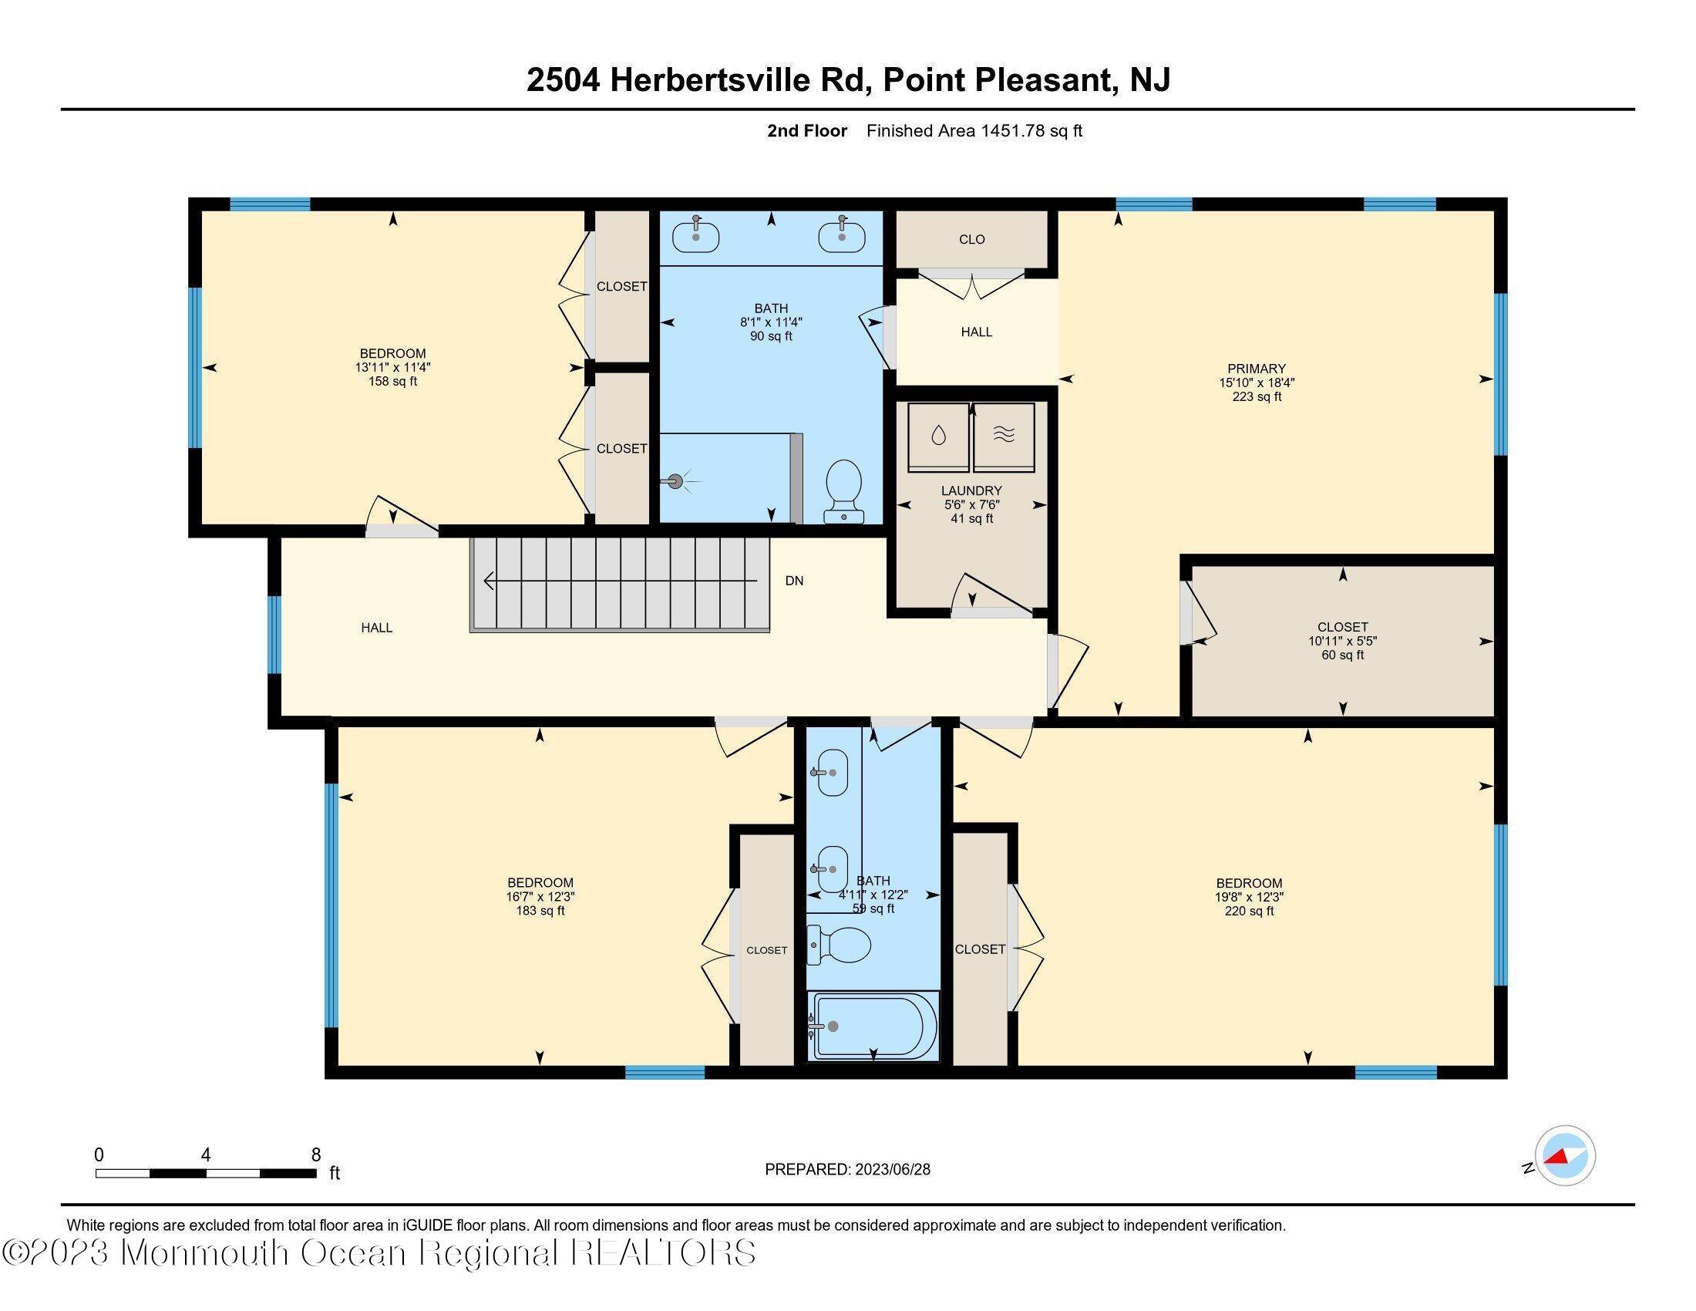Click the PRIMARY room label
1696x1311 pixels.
[1256, 368]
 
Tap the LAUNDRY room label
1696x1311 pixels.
[971, 490]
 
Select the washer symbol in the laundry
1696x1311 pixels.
[939, 436]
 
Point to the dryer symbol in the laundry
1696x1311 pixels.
[1003, 436]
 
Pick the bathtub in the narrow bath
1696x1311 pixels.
[873, 1025]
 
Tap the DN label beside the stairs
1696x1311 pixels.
[793, 580]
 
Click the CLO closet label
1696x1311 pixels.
[971, 239]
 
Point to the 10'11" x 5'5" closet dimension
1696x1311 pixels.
[1342, 641]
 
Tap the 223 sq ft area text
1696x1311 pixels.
[1256, 396]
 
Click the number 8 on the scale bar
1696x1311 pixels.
[316, 1155]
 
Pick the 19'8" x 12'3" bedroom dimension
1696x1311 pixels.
[1249, 896]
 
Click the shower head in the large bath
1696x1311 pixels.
[675, 481]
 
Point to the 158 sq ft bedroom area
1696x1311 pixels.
[392, 381]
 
